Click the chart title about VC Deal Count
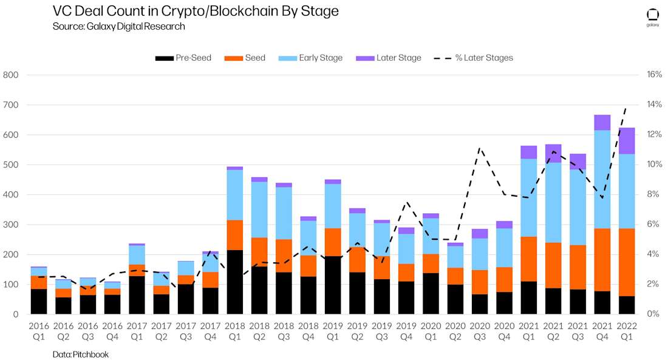[x=196, y=11]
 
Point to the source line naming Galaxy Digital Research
[x=119, y=26]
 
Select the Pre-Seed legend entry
[x=183, y=58]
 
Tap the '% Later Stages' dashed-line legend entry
[x=474, y=58]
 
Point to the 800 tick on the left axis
[x=12, y=75]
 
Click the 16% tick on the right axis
[x=654, y=75]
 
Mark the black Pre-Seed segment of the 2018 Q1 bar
[x=235, y=282]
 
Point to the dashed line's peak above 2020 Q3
[x=480, y=148]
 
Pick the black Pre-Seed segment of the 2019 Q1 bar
[x=333, y=285]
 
